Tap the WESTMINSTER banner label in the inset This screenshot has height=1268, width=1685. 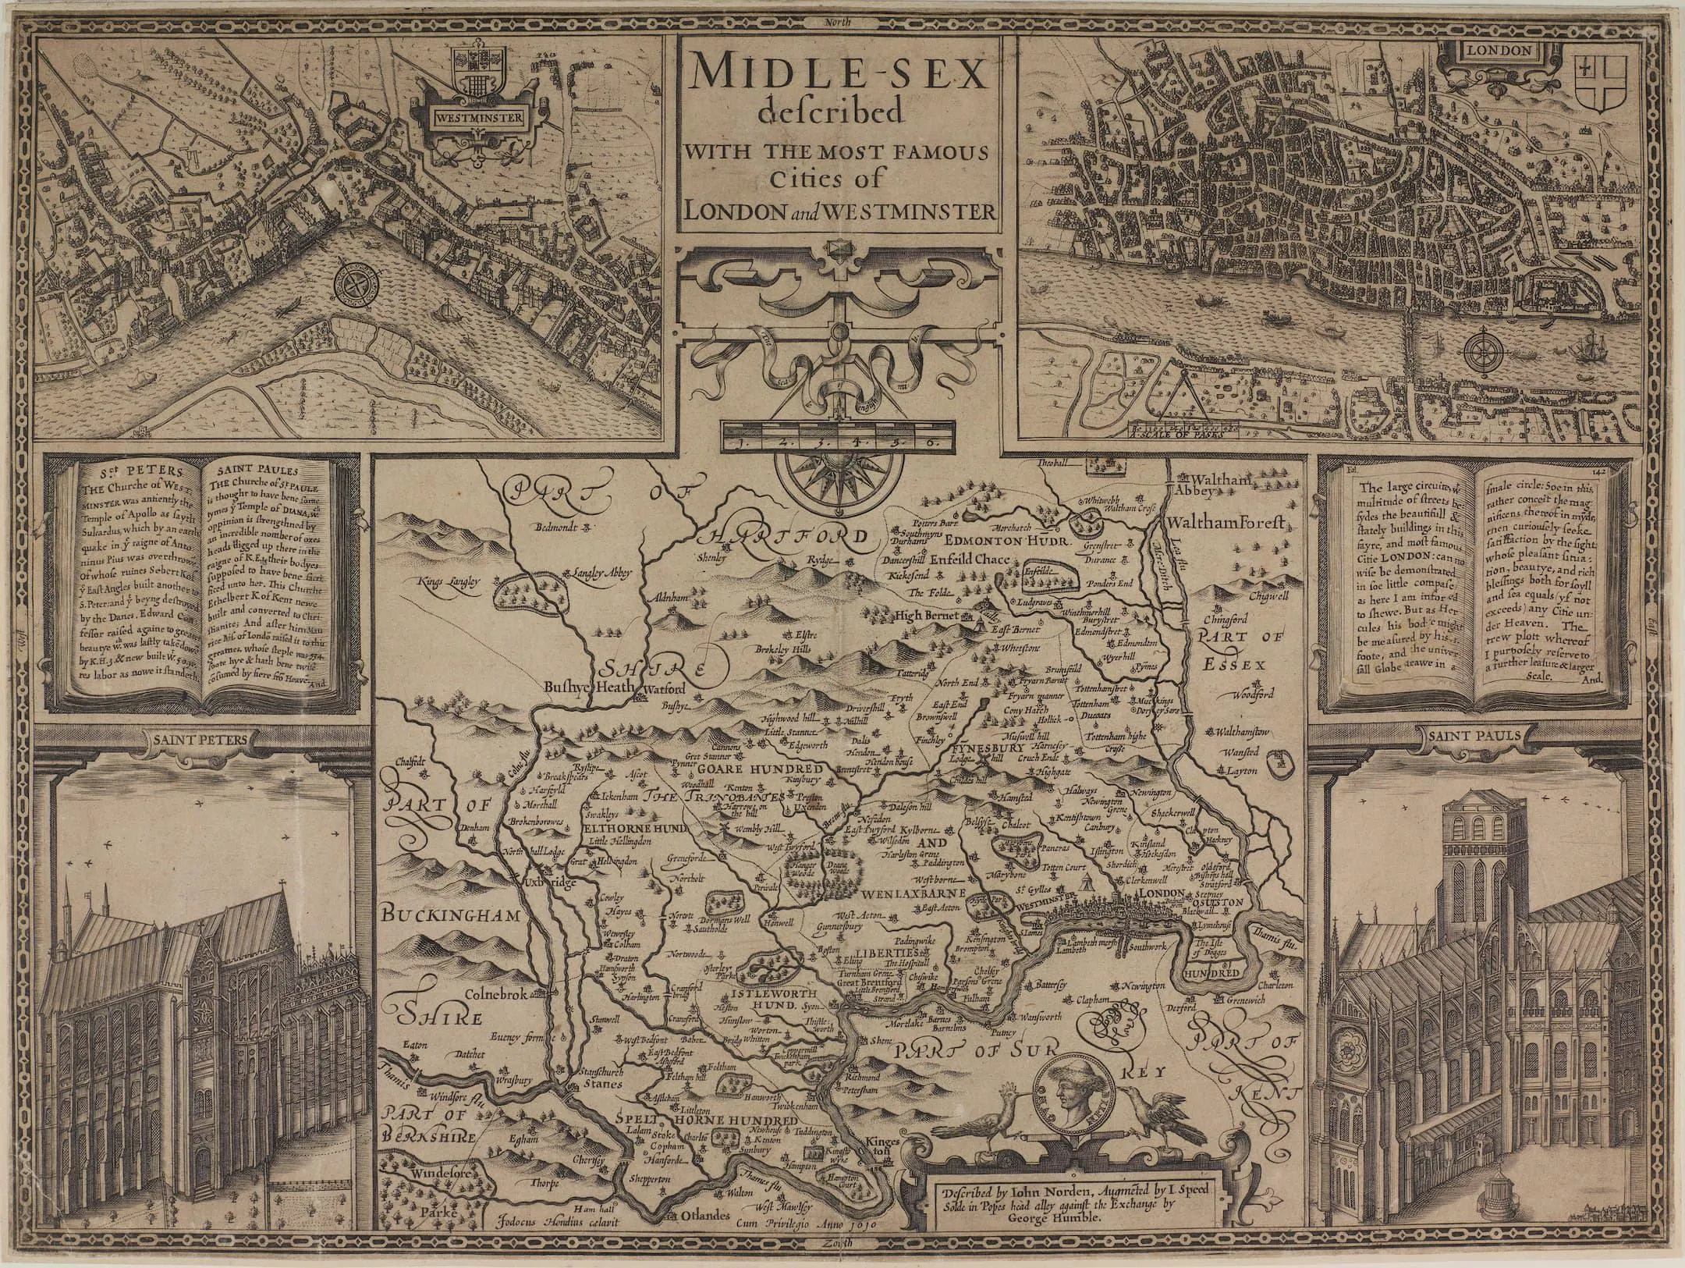pos(478,119)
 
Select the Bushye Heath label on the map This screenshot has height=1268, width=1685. pos(593,689)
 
